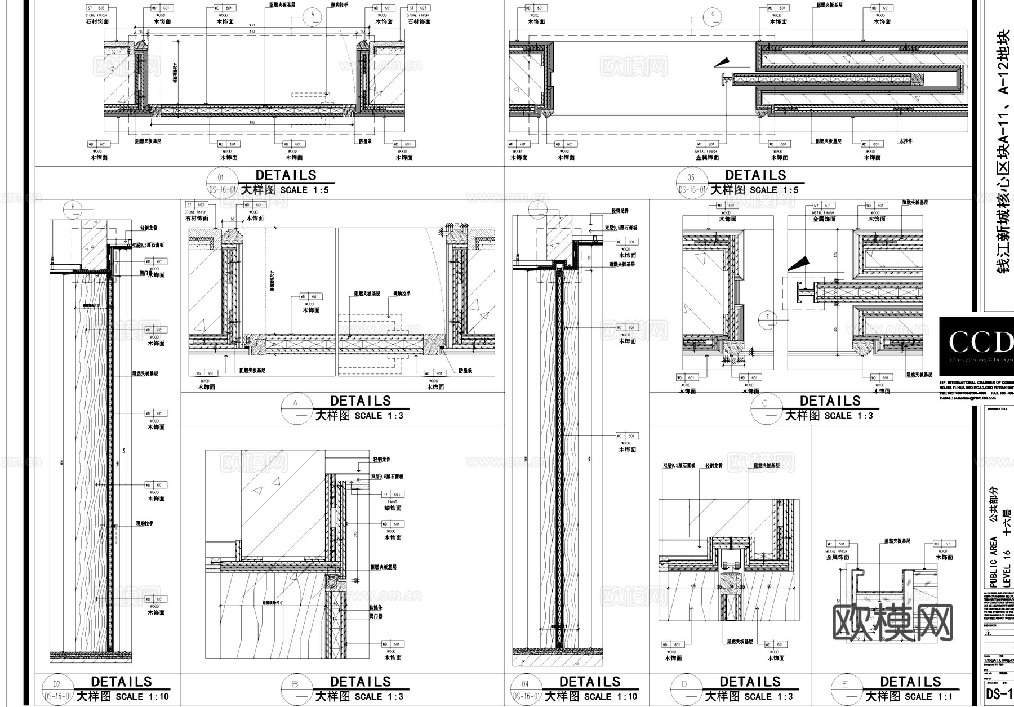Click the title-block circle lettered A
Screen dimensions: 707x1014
coord(295,408)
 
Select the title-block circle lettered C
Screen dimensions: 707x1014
coord(765,408)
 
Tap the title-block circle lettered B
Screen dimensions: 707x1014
coord(295,690)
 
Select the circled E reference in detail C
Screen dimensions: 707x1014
coord(767,317)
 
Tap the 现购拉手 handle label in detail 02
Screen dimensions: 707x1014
coord(144,524)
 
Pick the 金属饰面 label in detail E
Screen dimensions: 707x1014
coord(838,558)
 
